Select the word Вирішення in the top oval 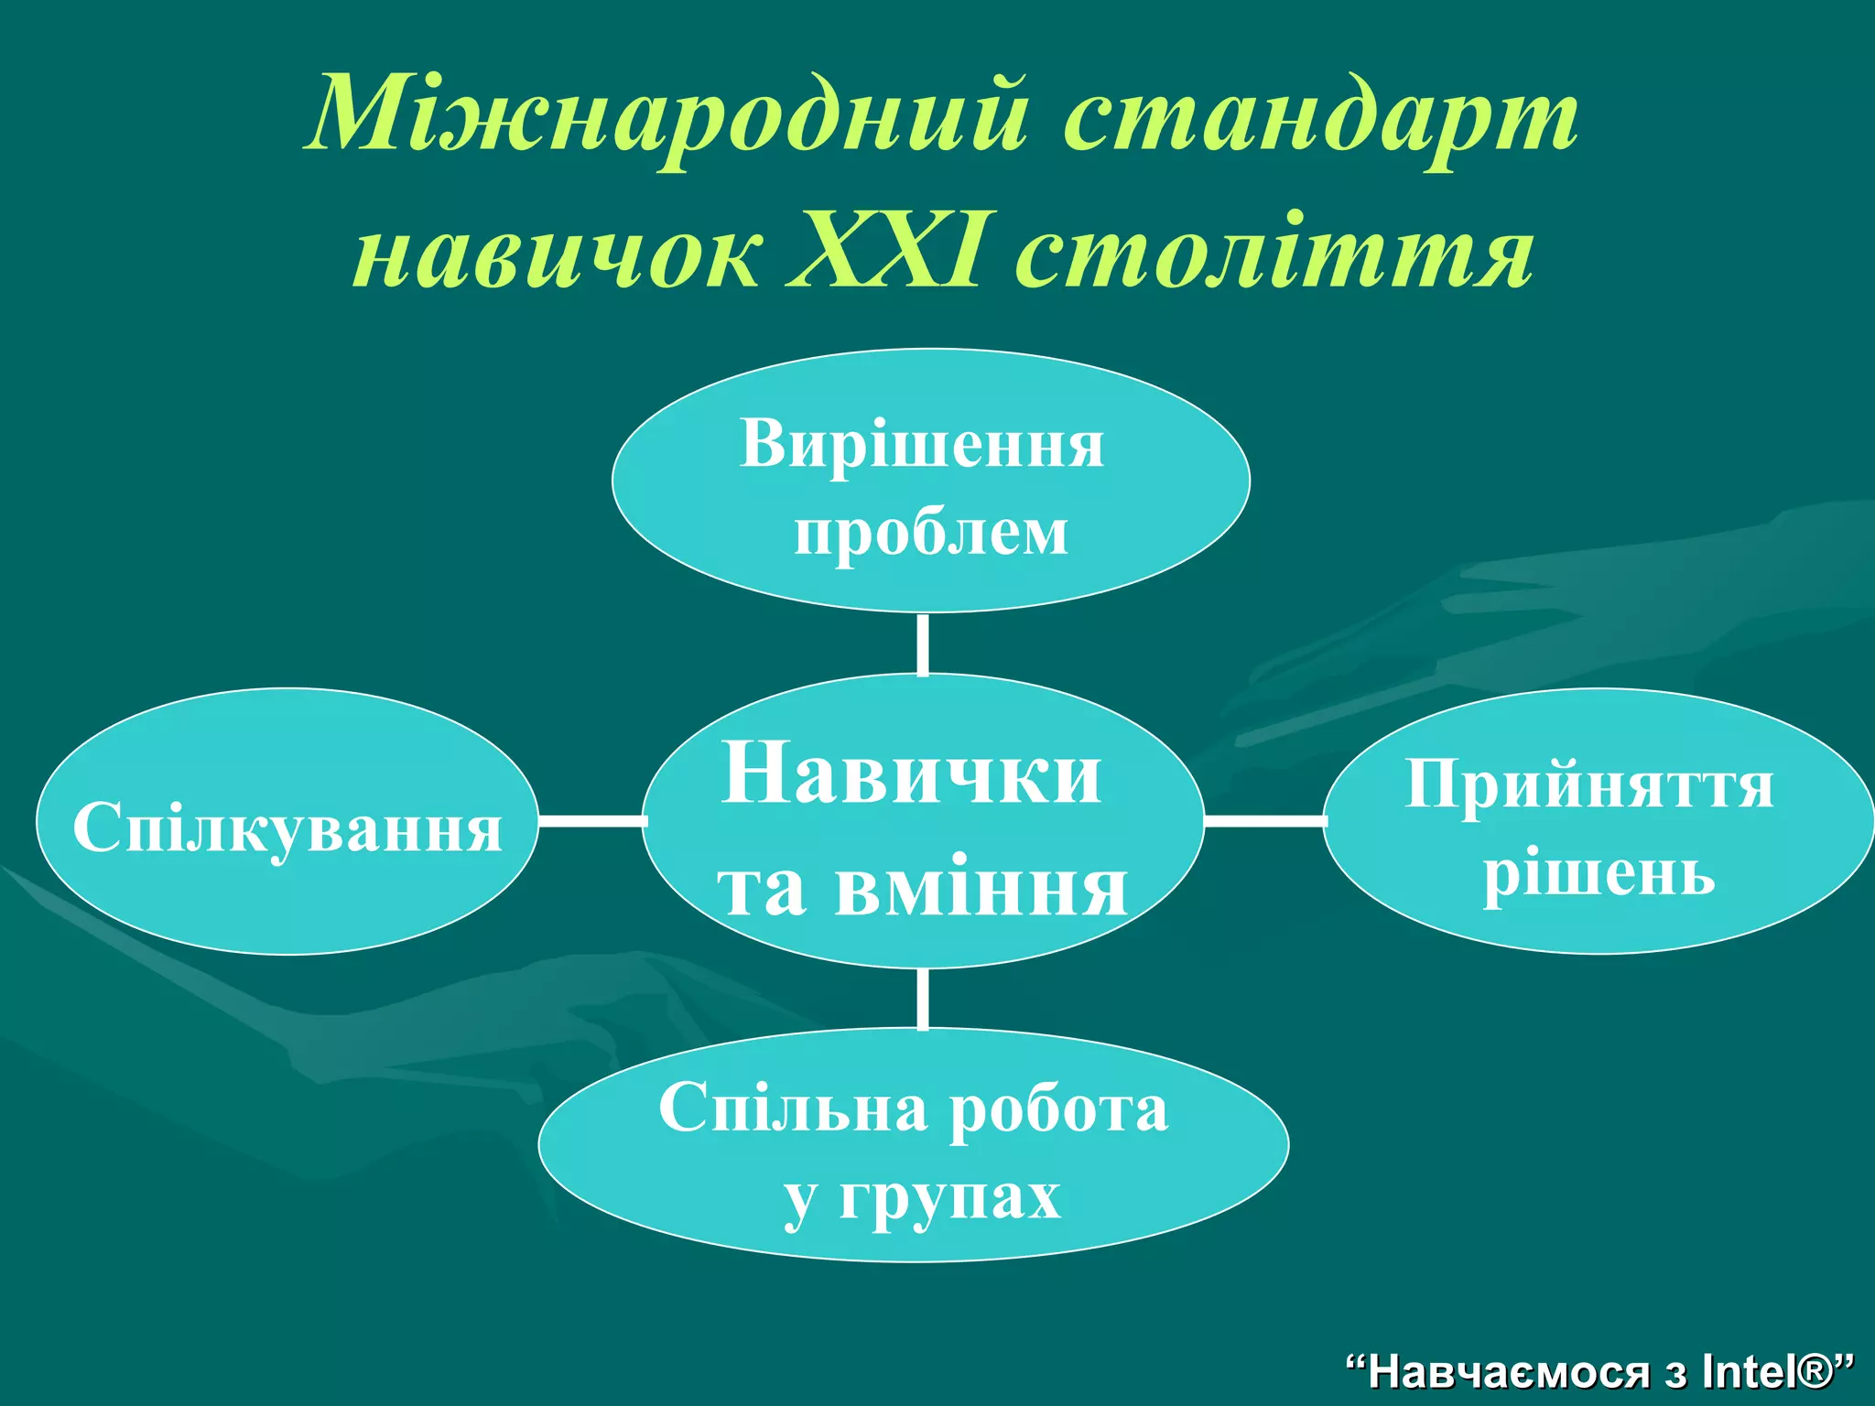pos(922,445)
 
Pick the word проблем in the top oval pos(931,532)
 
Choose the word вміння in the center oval pos(981,888)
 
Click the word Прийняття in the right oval pos(1589,785)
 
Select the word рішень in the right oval pos(1599,873)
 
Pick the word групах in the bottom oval pos(950,1196)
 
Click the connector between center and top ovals pos(922,644)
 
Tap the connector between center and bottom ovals pos(922,999)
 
